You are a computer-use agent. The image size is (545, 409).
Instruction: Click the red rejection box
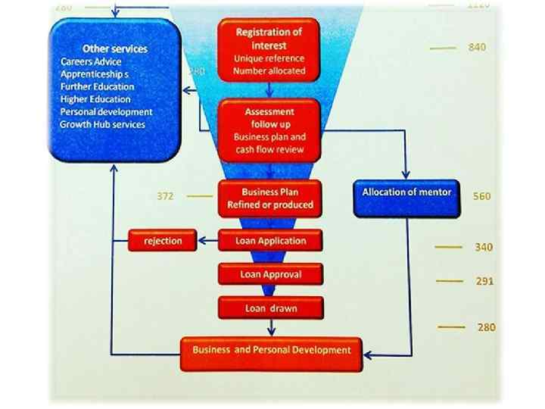(x=163, y=241)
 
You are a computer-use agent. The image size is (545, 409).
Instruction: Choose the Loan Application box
(x=270, y=241)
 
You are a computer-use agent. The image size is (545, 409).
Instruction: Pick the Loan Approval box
(x=270, y=274)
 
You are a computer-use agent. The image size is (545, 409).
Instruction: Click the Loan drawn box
(x=270, y=308)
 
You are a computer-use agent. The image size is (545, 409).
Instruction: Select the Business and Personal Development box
(x=271, y=351)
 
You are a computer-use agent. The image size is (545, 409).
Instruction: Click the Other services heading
(x=116, y=48)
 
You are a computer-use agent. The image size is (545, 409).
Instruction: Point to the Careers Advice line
(x=91, y=61)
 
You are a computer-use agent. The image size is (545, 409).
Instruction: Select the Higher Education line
(x=95, y=98)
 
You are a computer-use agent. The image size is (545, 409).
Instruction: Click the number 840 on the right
(x=477, y=47)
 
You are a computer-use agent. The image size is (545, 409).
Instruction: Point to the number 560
(x=481, y=196)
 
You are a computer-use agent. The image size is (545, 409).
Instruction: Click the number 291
(x=484, y=281)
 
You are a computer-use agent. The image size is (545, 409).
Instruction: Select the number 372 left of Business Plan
(x=165, y=196)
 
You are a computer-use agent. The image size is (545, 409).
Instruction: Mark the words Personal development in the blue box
(x=103, y=111)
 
